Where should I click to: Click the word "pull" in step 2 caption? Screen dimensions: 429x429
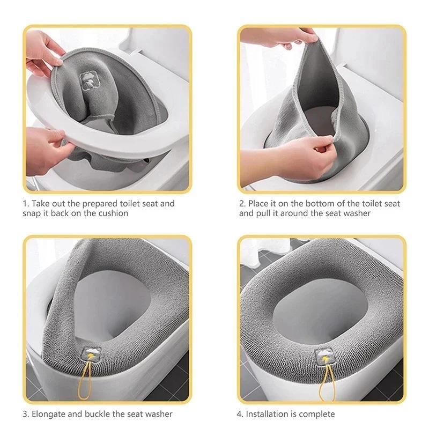[263, 213]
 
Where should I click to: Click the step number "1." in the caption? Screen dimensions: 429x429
[26, 204]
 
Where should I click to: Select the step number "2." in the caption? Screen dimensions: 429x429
[242, 204]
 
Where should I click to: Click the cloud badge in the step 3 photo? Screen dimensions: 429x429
[92, 354]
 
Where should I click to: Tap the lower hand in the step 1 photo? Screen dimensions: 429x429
[47, 149]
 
